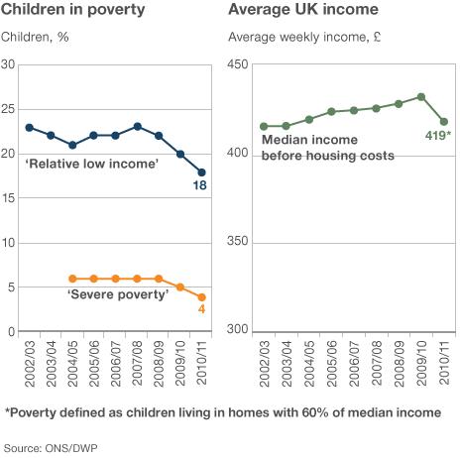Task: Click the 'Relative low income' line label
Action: (x=92, y=163)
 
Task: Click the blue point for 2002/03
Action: (x=29, y=127)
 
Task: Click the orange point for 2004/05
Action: (x=72, y=279)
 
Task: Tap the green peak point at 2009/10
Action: (x=421, y=97)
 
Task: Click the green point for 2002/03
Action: (x=264, y=126)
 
